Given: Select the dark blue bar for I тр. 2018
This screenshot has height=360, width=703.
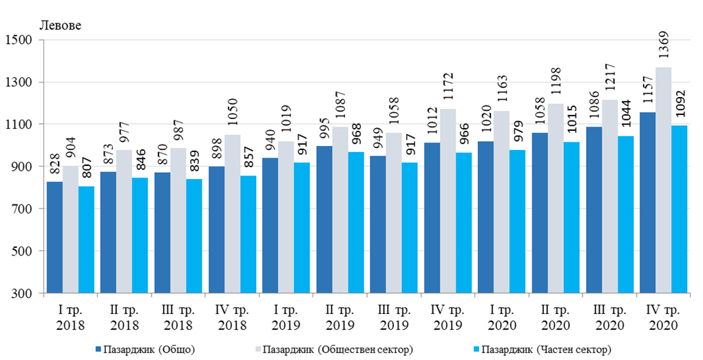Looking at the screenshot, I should pos(54,237).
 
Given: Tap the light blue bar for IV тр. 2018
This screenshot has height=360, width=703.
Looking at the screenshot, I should pos(248,234).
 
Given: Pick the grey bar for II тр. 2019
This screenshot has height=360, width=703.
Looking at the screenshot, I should pos(340,210).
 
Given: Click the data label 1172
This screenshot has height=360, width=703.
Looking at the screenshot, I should pos(448,90).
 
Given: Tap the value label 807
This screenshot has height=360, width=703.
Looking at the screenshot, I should pos(87,169).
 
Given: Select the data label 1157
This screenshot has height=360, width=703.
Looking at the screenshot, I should pos(647,94).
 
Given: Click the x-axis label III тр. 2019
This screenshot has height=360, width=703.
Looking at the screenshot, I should pos(395,318).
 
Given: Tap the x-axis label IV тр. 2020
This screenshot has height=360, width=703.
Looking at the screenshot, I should pos(664,318).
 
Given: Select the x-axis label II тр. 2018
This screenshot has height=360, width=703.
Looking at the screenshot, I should pos(125,318).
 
